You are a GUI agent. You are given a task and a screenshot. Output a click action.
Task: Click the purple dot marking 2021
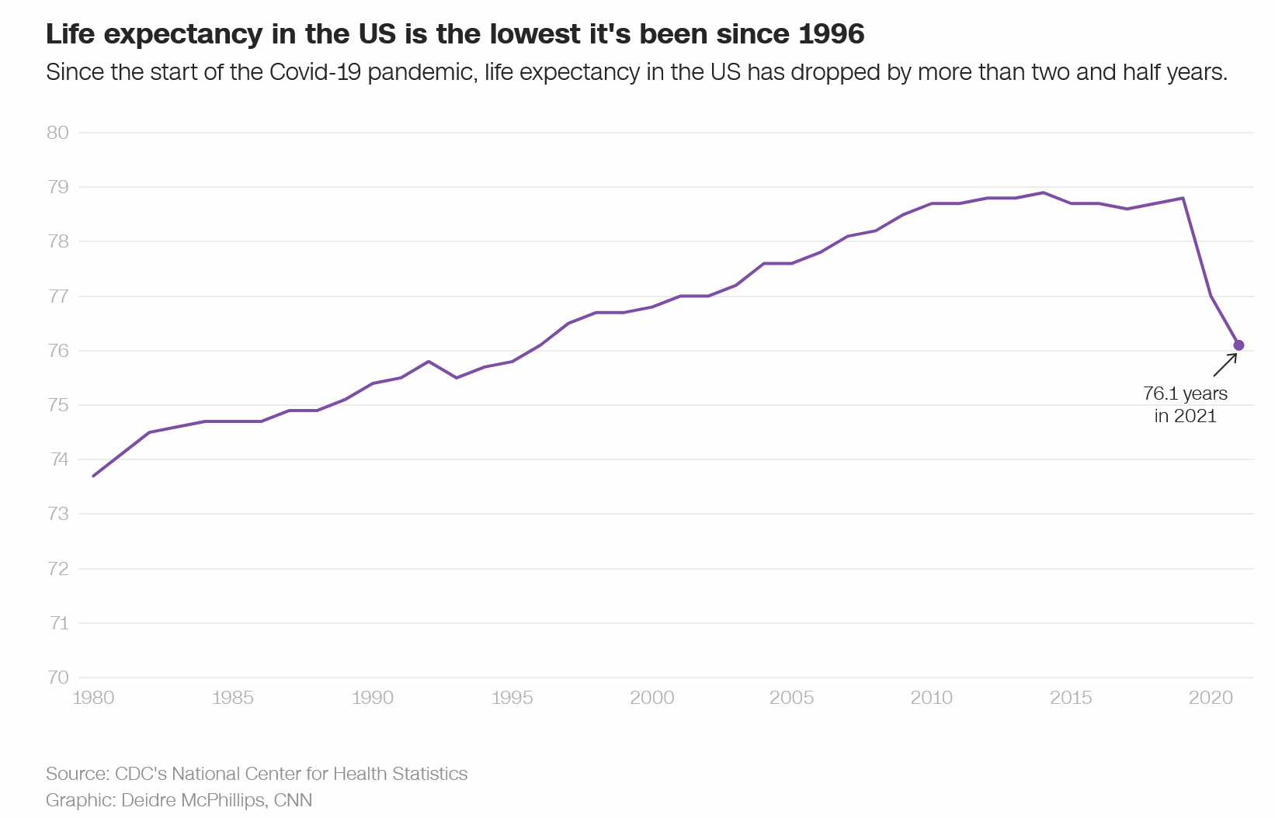(1239, 345)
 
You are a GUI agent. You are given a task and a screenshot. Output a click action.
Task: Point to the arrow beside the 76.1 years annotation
(1225, 365)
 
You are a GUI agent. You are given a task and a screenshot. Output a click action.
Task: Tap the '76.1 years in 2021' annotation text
(1185, 404)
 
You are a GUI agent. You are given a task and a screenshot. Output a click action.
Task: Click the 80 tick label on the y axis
(58, 133)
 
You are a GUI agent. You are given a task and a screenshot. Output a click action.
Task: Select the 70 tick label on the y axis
(58, 678)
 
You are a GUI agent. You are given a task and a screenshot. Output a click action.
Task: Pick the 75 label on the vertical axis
(58, 405)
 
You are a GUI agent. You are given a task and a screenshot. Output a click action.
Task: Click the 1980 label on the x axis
(93, 698)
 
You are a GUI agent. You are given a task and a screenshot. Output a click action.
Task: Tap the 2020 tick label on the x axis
(1211, 698)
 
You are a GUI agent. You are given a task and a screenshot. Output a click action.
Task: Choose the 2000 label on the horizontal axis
(652, 698)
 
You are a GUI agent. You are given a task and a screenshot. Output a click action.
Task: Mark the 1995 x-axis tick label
(512, 698)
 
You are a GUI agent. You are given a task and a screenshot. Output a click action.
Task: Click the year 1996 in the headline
(832, 34)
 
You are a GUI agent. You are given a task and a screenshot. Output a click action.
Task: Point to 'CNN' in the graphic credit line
(293, 800)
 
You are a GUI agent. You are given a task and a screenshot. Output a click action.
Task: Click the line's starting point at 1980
(93, 476)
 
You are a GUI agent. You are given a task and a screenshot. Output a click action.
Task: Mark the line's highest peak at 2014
(1044, 192)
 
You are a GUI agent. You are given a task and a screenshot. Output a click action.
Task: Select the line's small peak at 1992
(429, 362)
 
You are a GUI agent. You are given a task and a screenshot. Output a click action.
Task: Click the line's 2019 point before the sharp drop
(1183, 198)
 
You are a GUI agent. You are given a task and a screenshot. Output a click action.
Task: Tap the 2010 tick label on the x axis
(932, 698)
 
